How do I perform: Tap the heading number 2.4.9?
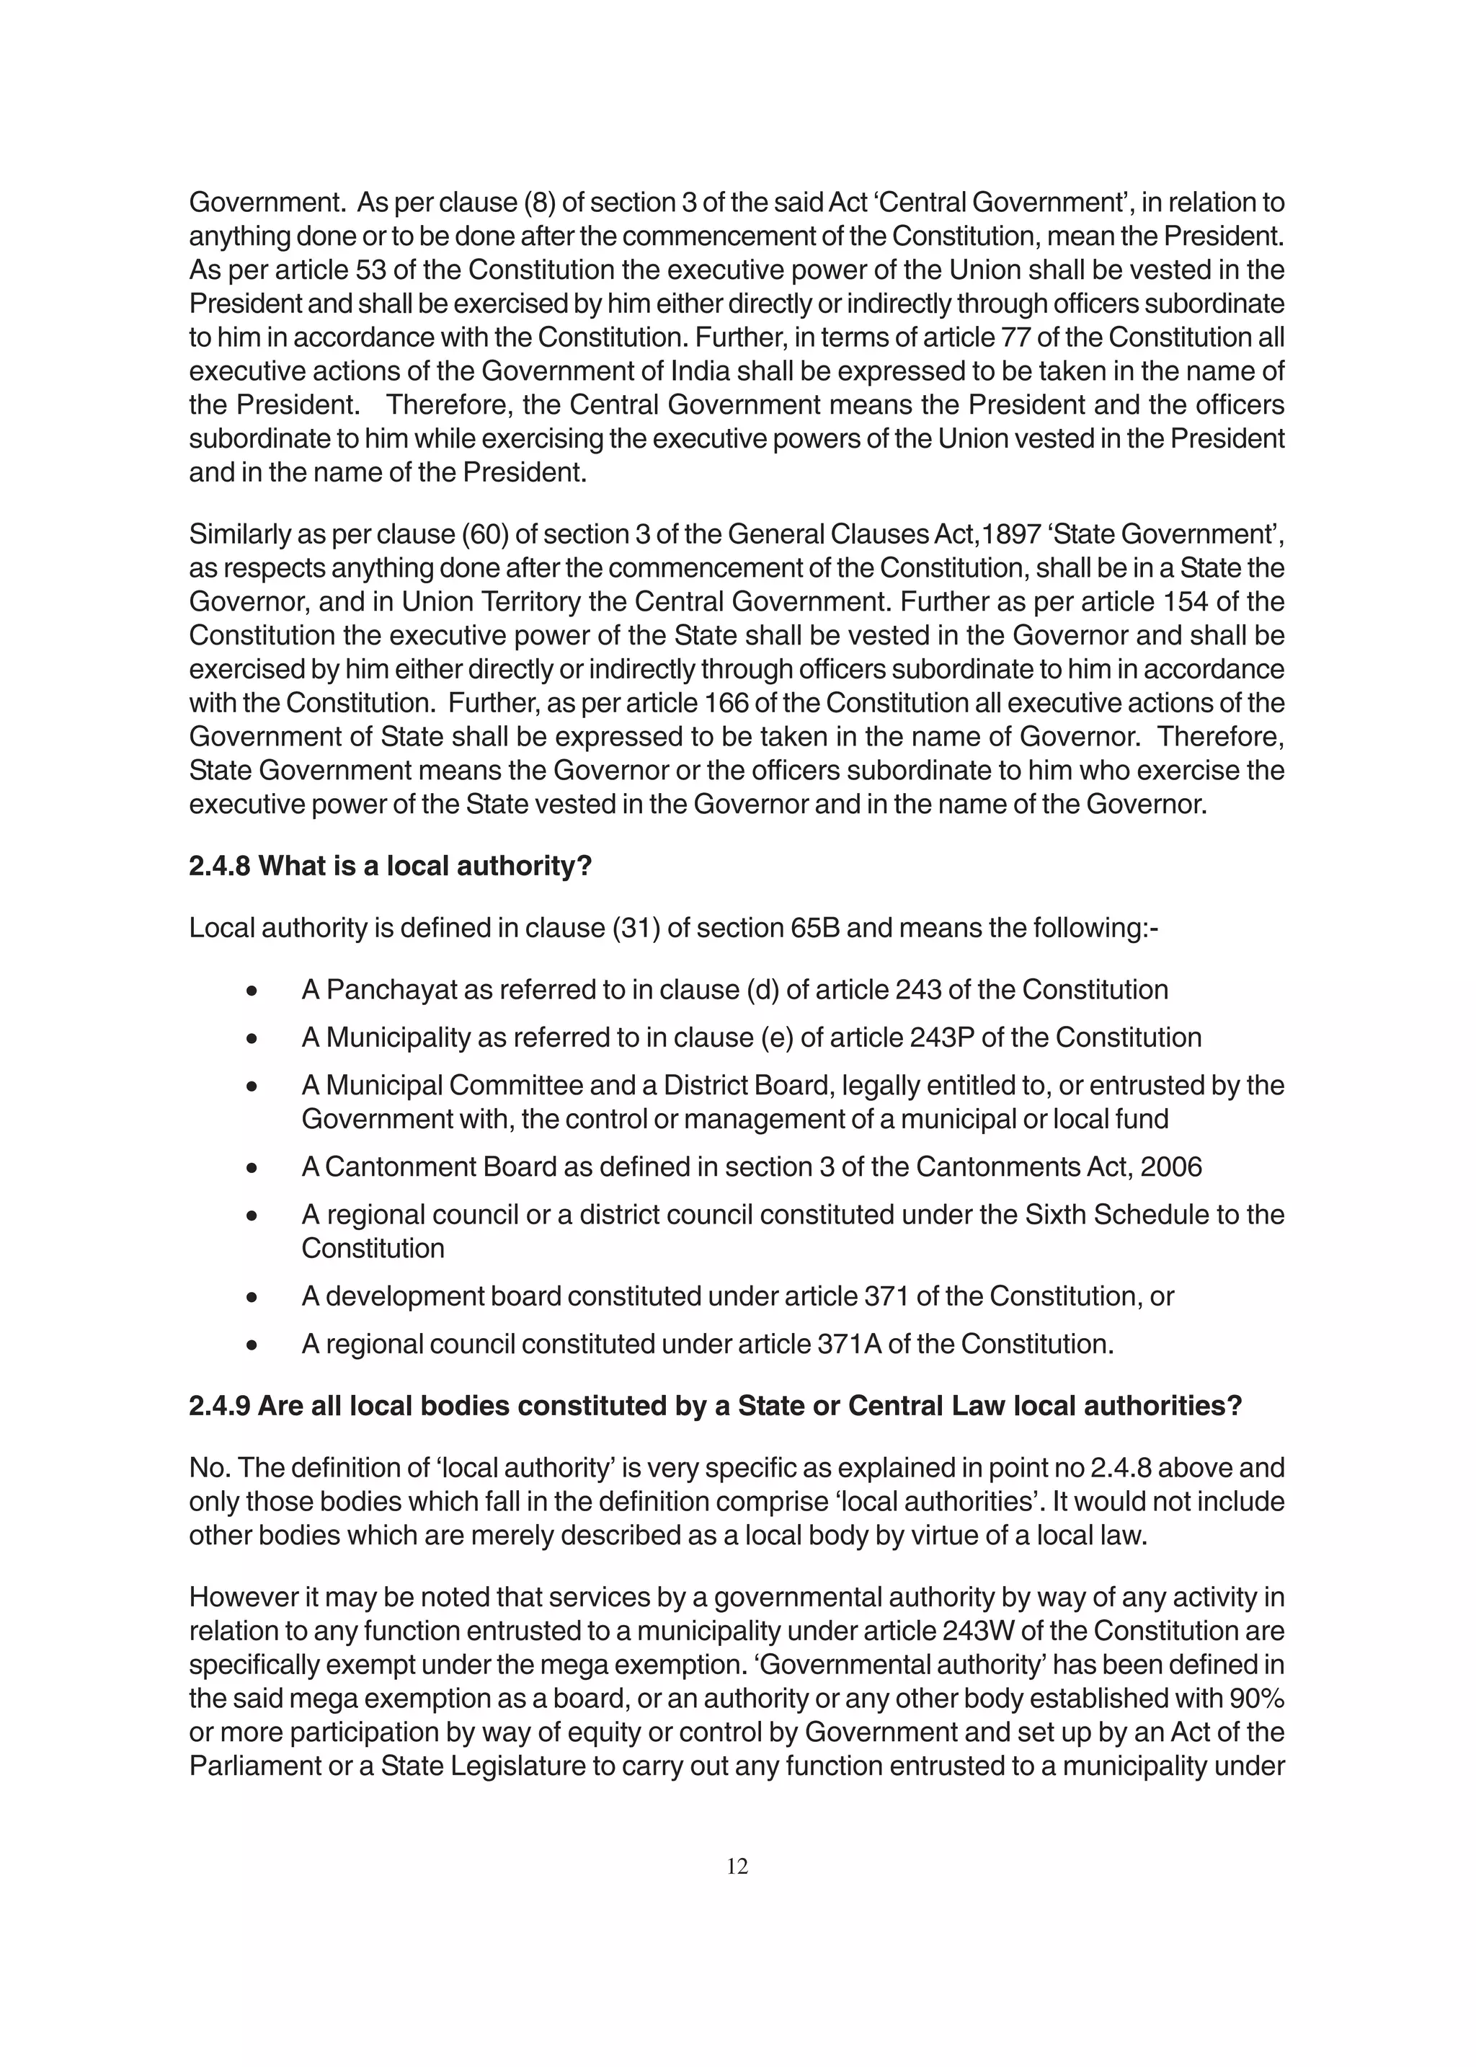point(219,1406)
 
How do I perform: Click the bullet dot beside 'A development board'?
point(252,1297)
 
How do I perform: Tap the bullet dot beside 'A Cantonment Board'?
point(252,1168)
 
